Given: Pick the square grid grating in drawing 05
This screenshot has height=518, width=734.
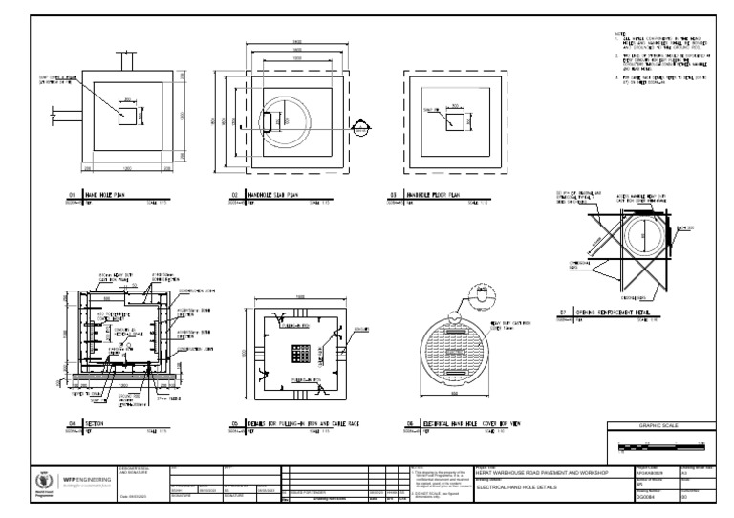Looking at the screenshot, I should [x=300, y=354].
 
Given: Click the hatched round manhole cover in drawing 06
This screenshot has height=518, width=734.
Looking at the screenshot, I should [x=462, y=353].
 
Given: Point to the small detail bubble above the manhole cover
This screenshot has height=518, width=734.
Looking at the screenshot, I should [x=476, y=292].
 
